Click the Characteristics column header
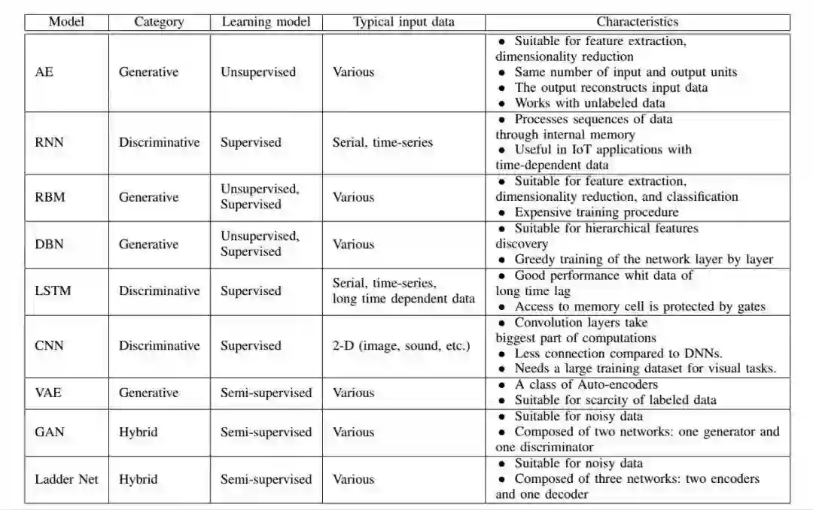click(637, 22)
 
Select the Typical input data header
click(403, 22)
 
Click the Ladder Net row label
click(66, 479)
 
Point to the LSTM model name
click(53, 291)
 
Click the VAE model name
click(50, 393)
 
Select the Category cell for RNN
click(159, 142)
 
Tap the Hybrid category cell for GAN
click(138, 433)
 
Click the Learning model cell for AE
click(257, 72)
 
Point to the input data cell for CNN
click(401, 346)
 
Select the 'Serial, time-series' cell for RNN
click(382, 142)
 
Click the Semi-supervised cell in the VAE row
click(266, 393)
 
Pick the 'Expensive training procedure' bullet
click(596, 212)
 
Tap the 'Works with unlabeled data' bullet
click(589, 103)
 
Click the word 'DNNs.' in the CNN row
click(704, 354)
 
